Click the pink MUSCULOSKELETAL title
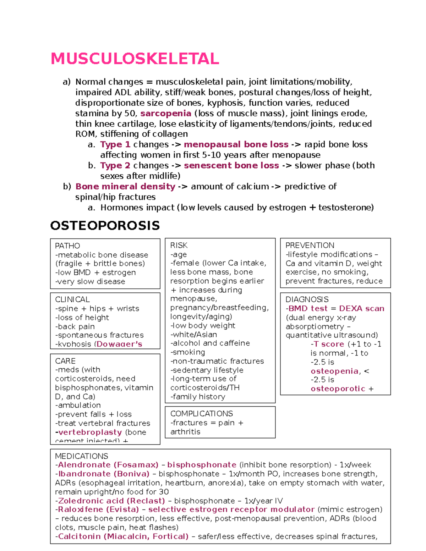pos(135,59)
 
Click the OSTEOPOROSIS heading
pos(105,226)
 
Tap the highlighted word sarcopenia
pos(166,114)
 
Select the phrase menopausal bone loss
pos(236,144)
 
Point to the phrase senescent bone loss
pos(231,166)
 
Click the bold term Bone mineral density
pos(125,187)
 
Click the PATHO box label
pos(67,246)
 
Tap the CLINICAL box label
pos(72,299)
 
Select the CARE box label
pos(65,361)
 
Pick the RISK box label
pos(179,246)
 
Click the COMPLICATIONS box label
pos(201,414)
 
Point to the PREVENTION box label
pos(310,246)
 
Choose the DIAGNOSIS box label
pos(307,299)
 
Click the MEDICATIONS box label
pos(82,456)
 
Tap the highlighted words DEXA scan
pos(361,309)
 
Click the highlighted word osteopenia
pos(334,371)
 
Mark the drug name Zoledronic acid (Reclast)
pos(111,501)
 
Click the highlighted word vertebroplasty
pos(90,432)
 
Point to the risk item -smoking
pos(188,352)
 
